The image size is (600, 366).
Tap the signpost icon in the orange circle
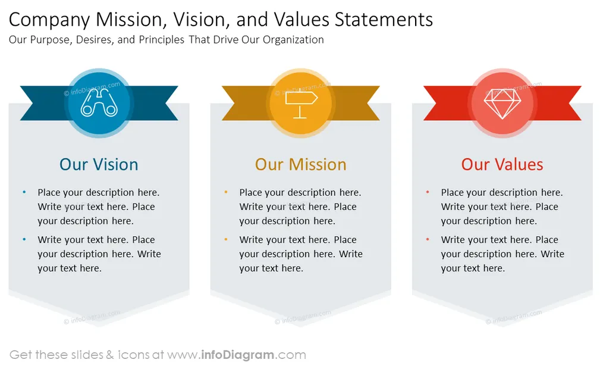point(301,103)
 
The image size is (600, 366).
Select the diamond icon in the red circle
point(502,104)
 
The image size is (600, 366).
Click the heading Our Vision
point(99,165)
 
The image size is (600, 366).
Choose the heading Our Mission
point(301,165)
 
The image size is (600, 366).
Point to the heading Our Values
point(502,165)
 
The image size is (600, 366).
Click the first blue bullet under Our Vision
point(24,192)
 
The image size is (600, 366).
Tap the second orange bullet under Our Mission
point(226,239)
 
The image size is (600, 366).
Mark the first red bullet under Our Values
point(428,192)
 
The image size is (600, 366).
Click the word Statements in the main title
point(384,20)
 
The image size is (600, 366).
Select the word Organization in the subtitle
point(294,40)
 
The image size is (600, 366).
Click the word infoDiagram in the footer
point(237,355)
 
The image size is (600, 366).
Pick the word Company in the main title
point(49,20)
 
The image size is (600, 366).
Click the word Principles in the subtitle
point(162,40)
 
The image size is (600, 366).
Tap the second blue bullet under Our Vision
point(24,239)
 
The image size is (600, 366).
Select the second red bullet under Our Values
point(428,239)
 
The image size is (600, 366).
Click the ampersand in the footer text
point(110,355)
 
